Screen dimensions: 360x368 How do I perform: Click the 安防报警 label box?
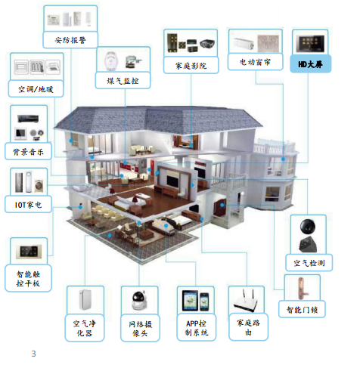click(70, 40)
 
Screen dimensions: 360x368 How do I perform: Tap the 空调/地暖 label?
click(36, 88)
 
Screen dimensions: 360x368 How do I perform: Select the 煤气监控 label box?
click(123, 81)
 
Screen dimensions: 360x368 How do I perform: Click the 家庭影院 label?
click(191, 65)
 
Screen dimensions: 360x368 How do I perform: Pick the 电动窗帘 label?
click(255, 61)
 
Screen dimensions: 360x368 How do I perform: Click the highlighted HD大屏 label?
click(311, 64)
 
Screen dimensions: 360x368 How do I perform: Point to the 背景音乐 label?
click(28, 151)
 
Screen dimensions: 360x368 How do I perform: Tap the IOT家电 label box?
click(28, 204)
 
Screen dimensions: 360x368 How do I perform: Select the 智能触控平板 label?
click(28, 278)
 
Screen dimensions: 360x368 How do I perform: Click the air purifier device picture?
click(85, 299)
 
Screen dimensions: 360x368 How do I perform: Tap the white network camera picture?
click(139, 301)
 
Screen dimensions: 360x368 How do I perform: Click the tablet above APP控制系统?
click(191, 301)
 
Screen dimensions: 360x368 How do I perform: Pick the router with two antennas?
click(246, 301)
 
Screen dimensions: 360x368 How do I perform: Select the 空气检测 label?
click(309, 263)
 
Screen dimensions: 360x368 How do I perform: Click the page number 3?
click(33, 354)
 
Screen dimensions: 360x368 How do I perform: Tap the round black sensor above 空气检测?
click(307, 227)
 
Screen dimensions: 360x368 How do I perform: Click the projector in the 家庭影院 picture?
click(207, 44)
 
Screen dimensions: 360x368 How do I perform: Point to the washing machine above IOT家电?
click(39, 186)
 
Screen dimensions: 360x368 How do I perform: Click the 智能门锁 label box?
click(302, 309)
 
